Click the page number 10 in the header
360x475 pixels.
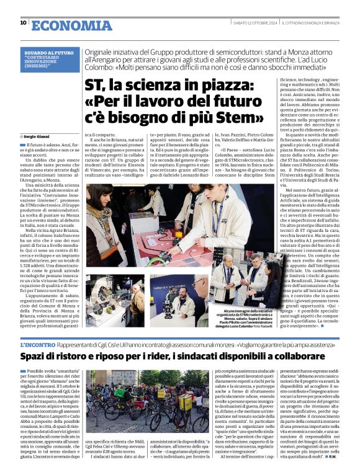tap(23, 23)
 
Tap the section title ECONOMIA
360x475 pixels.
tap(64, 24)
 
